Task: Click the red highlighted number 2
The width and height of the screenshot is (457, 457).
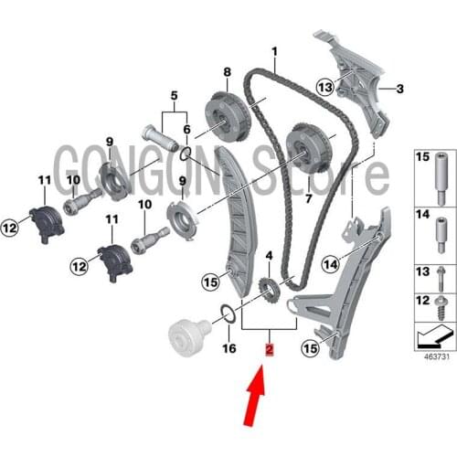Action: [x=268, y=348]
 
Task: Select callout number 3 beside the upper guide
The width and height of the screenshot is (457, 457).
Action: [x=399, y=89]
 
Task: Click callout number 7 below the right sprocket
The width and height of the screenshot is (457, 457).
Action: [x=308, y=197]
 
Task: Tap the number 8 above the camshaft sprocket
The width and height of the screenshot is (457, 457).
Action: [x=226, y=70]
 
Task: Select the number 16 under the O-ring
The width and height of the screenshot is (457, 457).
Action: [x=229, y=348]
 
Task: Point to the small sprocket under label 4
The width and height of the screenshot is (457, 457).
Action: [x=269, y=292]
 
